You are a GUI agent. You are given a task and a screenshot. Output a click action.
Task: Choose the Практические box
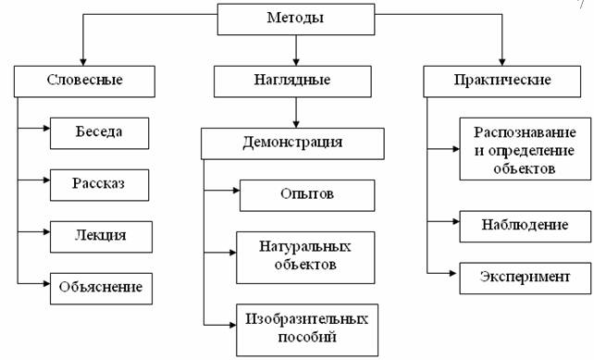pyautogui.click(x=500, y=81)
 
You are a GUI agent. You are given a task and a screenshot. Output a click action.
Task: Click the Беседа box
pyautogui.click(x=100, y=132)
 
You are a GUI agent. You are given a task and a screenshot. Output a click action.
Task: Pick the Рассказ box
pyautogui.click(x=100, y=184)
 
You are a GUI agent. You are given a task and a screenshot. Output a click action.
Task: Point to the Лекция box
pyautogui.click(x=100, y=236)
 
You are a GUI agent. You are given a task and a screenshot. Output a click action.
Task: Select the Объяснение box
pyautogui.click(x=100, y=288)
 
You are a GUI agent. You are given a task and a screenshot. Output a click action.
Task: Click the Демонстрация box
pyautogui.click(x=293, y=143)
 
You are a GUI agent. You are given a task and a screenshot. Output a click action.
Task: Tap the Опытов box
pyautogui.click(x=306, y=195)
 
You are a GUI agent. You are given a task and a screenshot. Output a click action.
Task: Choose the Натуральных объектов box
pyautogui.click(x=306, y=256)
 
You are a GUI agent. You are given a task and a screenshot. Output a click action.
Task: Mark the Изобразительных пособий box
pyautogui.click(x=306, y=329)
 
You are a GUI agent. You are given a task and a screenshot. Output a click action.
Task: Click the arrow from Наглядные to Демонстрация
pyautogui.click(x=294, y=112)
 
